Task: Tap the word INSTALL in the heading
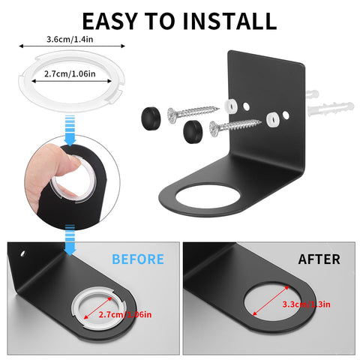click(x=229, y=21)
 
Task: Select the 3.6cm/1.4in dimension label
click(x=70, y=39)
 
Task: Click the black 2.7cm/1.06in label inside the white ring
click(x=70, y=73)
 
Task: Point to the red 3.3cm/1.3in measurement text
click(x=306, y=304)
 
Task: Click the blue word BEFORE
click(x=138, y=259)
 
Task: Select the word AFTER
click(x=319, y=259)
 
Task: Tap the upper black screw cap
click(x=151, y=118)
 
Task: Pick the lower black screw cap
click(x=193, y=131)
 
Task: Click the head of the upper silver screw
click(x=173, y=115)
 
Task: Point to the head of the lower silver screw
click(x=215, y=129)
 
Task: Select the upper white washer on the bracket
click(x=231, y=106)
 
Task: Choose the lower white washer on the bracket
click(x=272, y=119)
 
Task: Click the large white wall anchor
click(x=331, y=109)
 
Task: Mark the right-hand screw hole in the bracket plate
click(x=286, y=115)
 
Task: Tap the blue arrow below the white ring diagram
click(x=70, y=130)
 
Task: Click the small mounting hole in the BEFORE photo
click(x=22, y=253)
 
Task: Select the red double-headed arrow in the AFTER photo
click(x=271, y=301)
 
